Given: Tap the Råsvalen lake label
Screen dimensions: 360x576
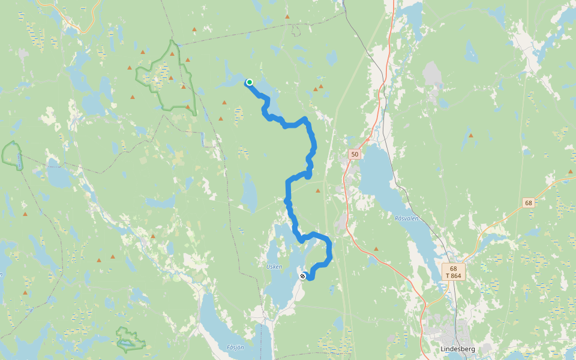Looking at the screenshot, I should (406, 218).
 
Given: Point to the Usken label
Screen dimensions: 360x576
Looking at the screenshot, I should (274, 266).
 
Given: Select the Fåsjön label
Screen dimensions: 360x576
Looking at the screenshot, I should (236, 347).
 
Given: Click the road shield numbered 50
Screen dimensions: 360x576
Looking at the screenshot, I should (355, 154).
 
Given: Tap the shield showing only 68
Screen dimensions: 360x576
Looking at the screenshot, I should (528, 203).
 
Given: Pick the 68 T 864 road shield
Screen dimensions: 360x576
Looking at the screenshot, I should (453, 272).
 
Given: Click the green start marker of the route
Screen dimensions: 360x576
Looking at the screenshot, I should (249, 82).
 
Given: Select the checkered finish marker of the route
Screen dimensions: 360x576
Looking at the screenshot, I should (302, 276).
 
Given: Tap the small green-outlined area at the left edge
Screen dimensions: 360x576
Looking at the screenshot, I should (12, 154).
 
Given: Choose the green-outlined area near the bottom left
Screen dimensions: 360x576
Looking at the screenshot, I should (130, 340).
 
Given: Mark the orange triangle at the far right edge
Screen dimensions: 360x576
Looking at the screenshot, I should (570, 172).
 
